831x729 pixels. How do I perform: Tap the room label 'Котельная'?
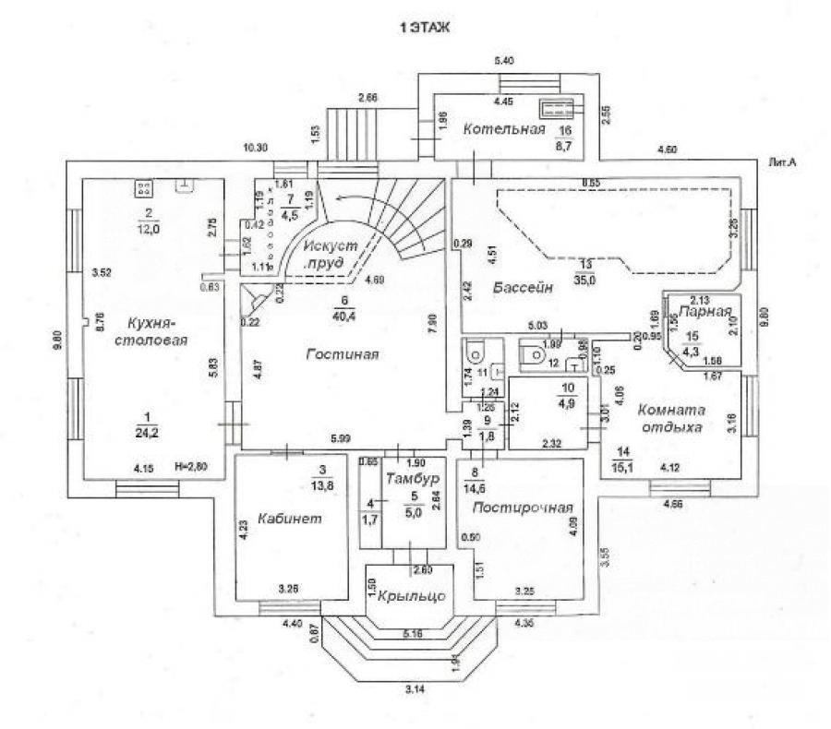[504, 129]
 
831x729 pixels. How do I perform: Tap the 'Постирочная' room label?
[523, 508]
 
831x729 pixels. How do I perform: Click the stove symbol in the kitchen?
[143, 188]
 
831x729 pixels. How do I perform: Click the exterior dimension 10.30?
[255, 148]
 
